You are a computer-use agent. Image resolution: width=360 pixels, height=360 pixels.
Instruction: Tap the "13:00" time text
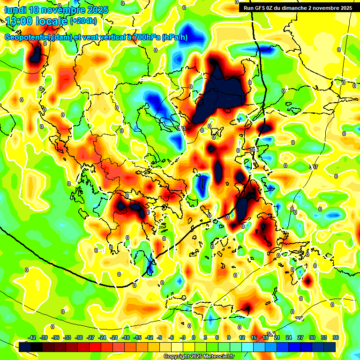tap(19, 21)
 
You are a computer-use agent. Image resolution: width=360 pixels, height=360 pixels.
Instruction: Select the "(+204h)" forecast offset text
tap(83, 21)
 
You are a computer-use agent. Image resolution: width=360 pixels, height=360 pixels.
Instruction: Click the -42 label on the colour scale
tap(32, 337)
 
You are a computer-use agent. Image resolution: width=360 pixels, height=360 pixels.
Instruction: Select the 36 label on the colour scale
tap(336, 337)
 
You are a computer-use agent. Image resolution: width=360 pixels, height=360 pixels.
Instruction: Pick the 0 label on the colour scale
tap(194, 337)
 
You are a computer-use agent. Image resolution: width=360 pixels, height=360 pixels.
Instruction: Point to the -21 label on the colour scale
tap(114, 337)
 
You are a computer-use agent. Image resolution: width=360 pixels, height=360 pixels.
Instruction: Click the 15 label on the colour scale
tap(254, 337)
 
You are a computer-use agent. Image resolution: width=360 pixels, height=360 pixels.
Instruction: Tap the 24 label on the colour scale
tap(289, 337)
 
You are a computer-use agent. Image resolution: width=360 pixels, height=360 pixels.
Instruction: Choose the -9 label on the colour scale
tap(160, 337)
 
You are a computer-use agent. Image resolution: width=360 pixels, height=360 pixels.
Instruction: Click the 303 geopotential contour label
tap(182, 128)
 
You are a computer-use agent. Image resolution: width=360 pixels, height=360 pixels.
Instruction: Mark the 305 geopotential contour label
tap(254, 150)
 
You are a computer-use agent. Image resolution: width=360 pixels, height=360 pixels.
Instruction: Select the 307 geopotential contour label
tap(314, 167)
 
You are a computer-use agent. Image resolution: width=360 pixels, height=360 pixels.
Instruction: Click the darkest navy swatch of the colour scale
tap(330, 347)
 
